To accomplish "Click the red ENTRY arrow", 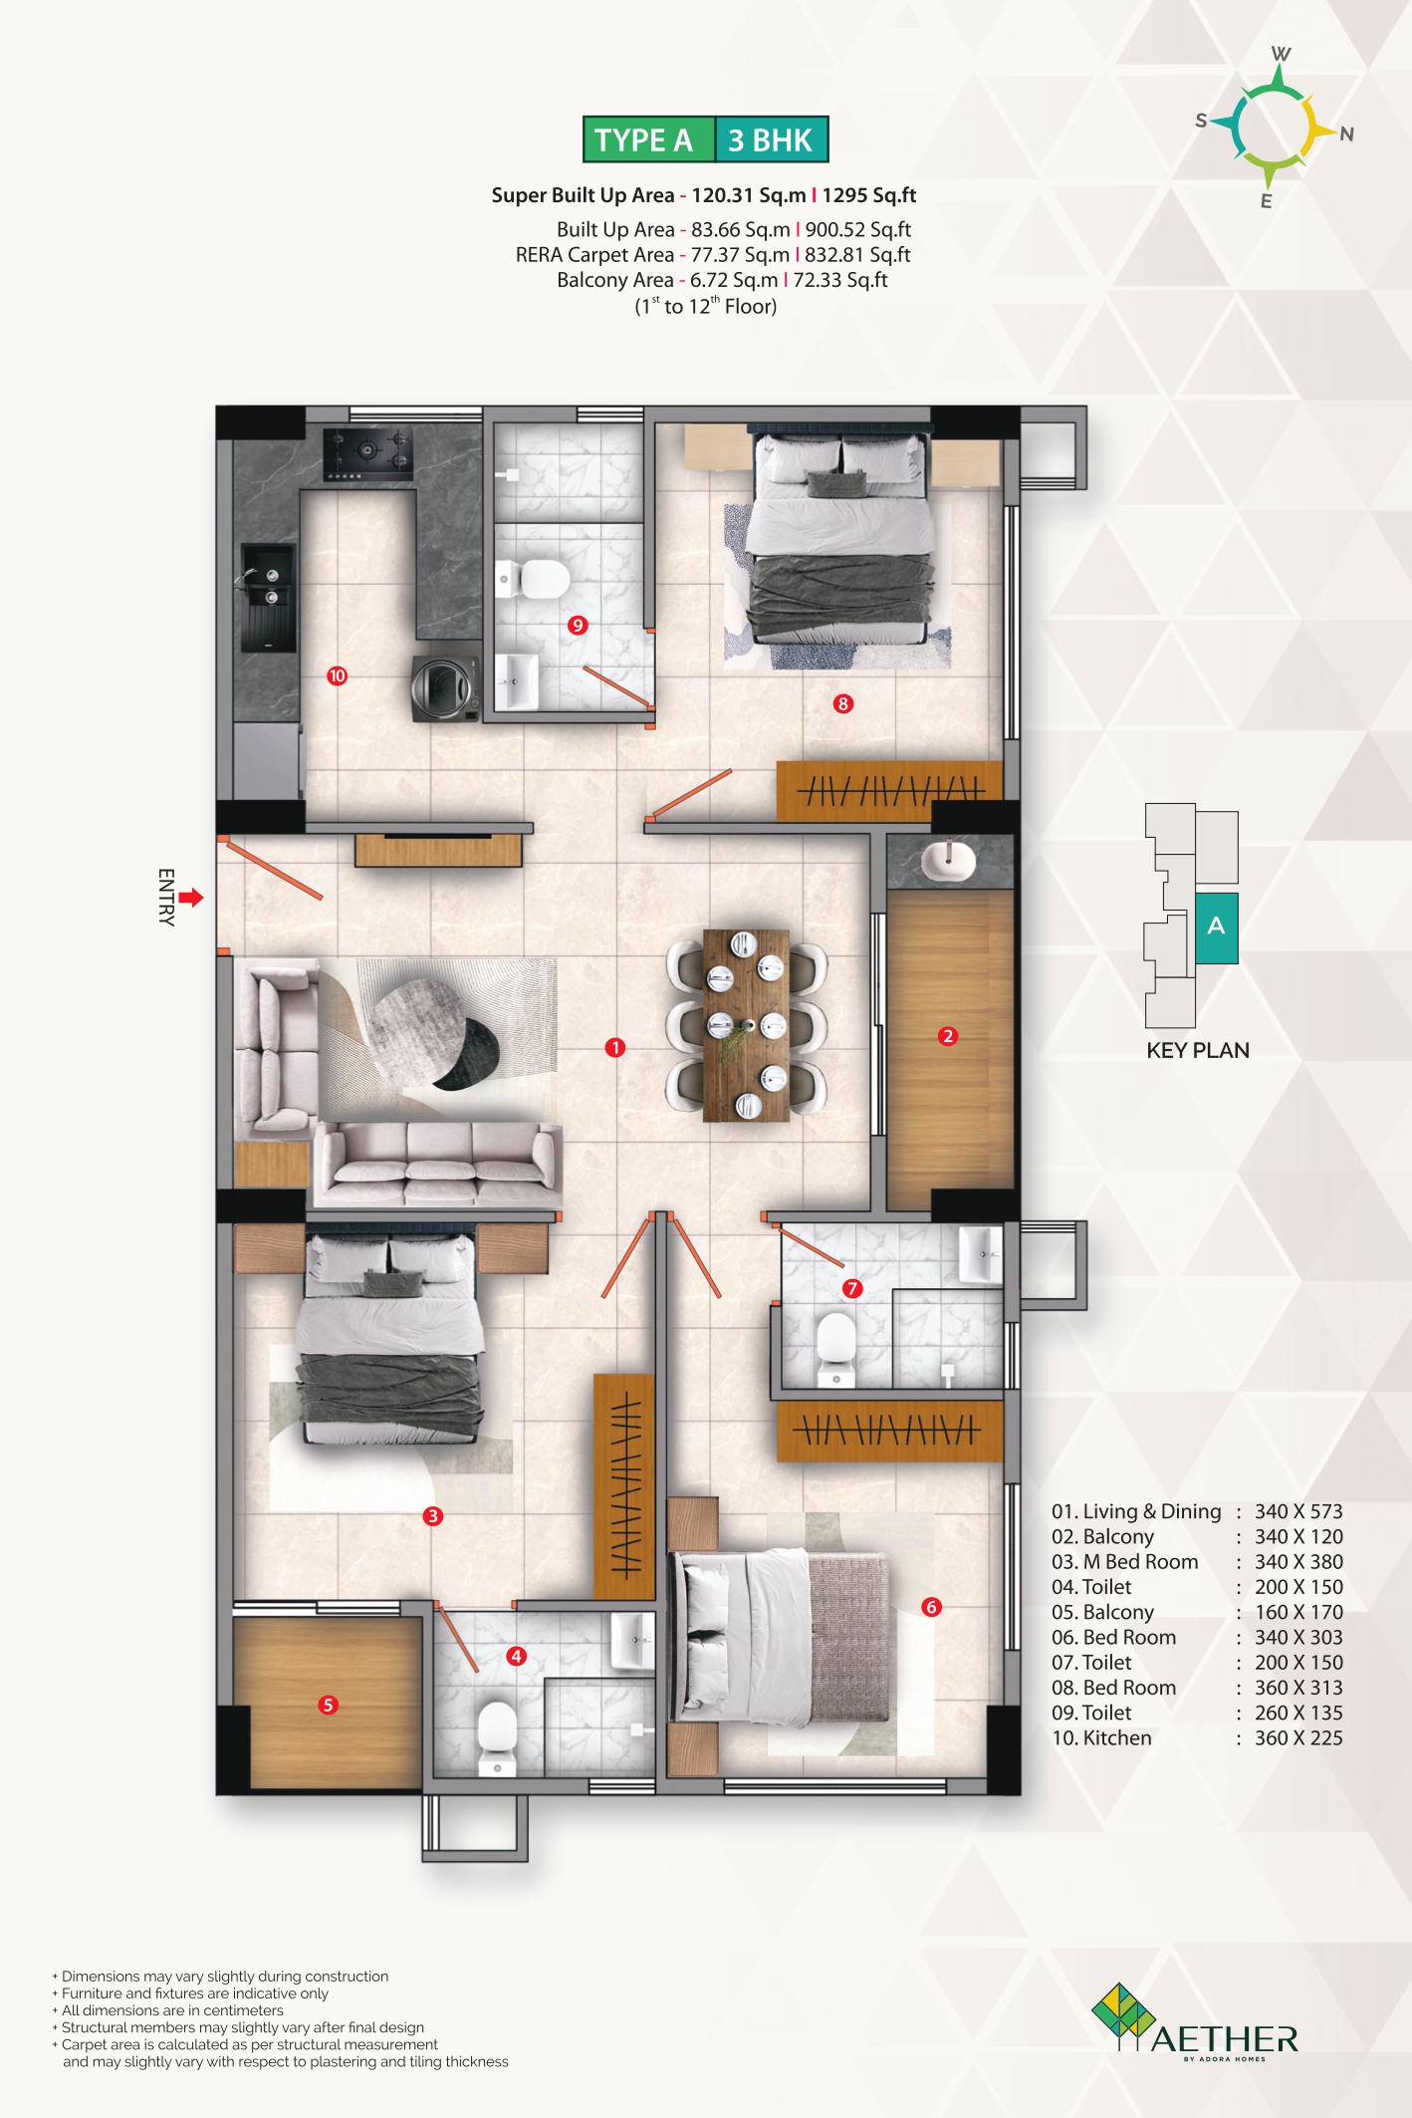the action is [191, 898].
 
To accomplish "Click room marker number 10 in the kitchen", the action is [338, 676].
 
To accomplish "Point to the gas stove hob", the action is [367, 453].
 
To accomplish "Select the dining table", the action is [746, 1026].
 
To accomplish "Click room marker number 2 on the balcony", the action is [948, 1036].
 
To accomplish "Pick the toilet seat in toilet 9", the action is [539, 579].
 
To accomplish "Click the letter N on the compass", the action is [1346, 134].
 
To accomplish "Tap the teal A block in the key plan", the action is [1216, 927].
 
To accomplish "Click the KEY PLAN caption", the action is [1198, 1050].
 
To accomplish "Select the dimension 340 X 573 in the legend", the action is [1298, 1511].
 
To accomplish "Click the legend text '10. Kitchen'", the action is [1101, 1737].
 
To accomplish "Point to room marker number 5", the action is [328, 1705].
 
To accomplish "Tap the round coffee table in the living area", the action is [434, 1031].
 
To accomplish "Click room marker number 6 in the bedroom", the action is [931, 1606].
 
